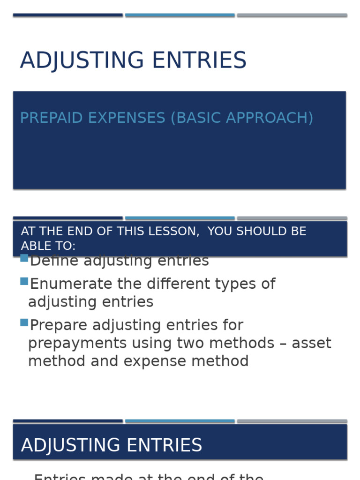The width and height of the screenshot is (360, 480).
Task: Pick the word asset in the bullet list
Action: [x=311, y=344]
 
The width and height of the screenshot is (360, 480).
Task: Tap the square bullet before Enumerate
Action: [x=24, y=281]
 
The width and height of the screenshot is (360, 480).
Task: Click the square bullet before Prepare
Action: [x=24, y=322]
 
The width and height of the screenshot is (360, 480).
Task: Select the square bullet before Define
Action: [x=24, y=258]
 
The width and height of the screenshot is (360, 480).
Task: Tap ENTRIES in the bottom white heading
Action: [x=163, y=445]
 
